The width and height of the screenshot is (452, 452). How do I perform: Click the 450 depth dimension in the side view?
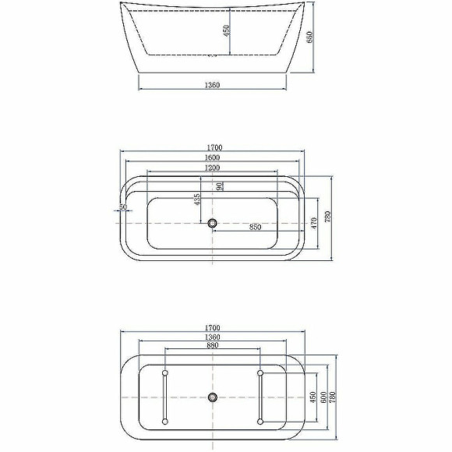coord(226,33)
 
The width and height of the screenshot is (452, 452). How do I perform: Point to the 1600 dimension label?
coord(212,157)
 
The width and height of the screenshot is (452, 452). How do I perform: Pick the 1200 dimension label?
coord(212,168)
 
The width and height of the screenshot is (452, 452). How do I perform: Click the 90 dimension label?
coord(221,185)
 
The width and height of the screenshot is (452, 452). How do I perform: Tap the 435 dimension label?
coord(198,200)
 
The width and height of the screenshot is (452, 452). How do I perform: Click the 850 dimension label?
coord(255,228)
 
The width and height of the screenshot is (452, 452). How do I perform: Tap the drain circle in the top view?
coord(212,224)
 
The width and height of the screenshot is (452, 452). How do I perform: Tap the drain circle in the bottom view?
coord(212,397)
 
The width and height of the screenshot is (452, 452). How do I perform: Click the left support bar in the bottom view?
coord(164,397)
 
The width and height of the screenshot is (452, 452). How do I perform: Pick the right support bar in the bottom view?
coord(260,397)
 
